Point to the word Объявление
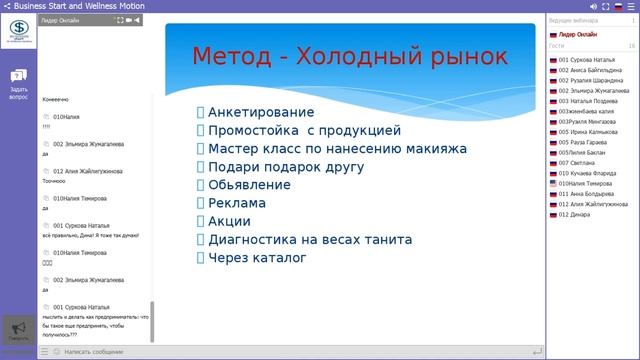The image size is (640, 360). [250, 185]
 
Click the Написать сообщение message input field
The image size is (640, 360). [95, 352]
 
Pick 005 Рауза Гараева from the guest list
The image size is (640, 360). [580, 142]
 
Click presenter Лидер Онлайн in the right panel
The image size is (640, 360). [577, 34]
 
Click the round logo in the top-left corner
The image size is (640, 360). [17, 31]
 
